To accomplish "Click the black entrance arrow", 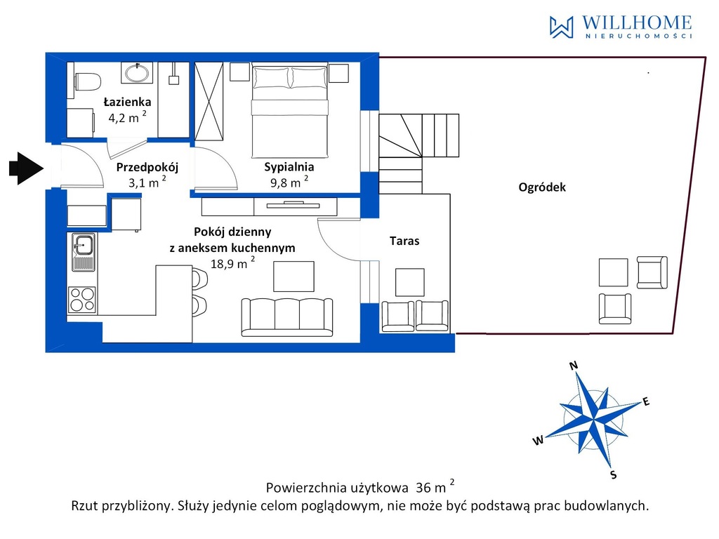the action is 26,168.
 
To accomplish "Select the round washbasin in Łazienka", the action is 137,73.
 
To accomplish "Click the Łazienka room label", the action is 127,101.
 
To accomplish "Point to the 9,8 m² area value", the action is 289,182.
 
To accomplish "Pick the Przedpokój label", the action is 147,167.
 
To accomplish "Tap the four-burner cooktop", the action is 82,299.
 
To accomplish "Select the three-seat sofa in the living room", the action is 287,317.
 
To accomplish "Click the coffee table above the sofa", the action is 294,277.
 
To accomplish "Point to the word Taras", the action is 404,241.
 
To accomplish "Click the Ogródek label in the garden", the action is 542,187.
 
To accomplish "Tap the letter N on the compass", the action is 574,365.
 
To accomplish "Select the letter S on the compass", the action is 614,475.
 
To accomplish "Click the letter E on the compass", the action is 646,402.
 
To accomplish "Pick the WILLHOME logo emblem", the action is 561,27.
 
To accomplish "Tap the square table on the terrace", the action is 410,282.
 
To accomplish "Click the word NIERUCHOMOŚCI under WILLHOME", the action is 639,36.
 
